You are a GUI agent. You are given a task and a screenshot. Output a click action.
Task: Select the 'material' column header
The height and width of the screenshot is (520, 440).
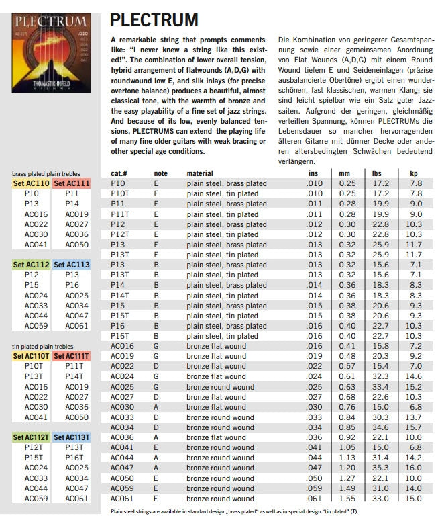coord(200,173)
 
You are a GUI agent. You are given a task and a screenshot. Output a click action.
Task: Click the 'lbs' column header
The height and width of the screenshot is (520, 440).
coord(376,173)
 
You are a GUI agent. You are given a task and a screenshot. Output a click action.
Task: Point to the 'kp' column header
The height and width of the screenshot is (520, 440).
coord(413,173)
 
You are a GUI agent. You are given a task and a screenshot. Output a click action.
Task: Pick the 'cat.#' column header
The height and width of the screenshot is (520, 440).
coord(120,173)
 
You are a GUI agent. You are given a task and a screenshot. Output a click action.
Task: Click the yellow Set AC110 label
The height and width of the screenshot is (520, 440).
coord(32,183)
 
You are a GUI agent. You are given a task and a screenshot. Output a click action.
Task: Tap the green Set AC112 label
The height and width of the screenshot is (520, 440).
coord(32,265)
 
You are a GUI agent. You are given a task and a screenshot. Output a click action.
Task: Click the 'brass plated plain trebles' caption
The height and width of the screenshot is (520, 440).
coord(50,173)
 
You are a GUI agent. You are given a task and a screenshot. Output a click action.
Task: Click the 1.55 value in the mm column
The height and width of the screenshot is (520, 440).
coord(347,499)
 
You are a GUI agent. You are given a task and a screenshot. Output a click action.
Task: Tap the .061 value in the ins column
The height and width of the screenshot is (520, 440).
coord(313,499)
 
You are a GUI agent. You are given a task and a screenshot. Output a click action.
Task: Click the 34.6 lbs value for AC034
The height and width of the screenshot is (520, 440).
coord(380,427)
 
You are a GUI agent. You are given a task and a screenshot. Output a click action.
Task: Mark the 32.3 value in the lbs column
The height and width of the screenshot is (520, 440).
coord(380,376)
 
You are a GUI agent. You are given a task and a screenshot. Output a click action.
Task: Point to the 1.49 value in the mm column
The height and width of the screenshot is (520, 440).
coord(347,488)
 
